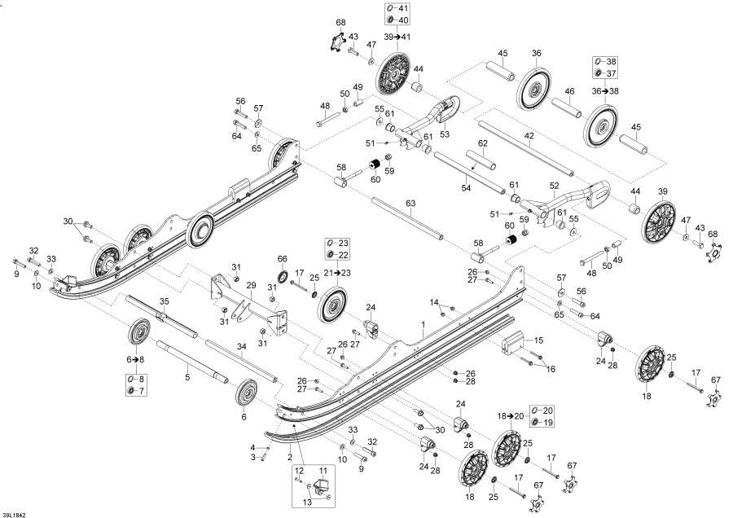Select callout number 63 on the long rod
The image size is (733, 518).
click(x=410, y=203)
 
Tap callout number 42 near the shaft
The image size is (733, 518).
click(x=529, y=136)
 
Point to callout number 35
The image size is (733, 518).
click(x=164, y=301)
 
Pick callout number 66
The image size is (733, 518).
click(x=283, y=259)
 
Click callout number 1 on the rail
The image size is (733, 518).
click(x=423, y=324)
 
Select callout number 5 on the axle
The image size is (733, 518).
click(x=187, y=376)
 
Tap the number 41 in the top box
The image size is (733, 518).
click(x=403, y=8)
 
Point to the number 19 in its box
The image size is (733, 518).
click(x=547, y=422)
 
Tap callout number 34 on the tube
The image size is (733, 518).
click(x=241, y=345)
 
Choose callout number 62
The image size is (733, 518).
click(x=482, y=143)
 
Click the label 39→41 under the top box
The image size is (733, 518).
click(x=397, y=37)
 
